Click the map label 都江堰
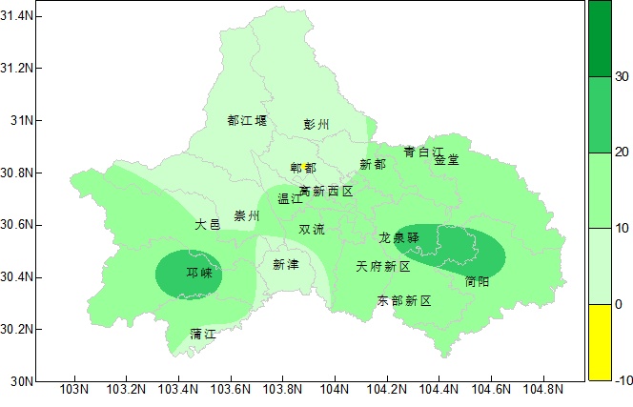pos(248,121)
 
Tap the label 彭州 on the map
pos(316,125)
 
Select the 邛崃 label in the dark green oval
pos(199,274)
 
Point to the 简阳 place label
pos(478,282)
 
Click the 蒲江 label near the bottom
pos(203,335)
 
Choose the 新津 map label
pos(285,264)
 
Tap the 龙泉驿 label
pos(399,237)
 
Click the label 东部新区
pos(404,301)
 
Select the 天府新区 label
pos(383,267)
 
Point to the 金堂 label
pos(446,160)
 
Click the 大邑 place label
pos(208,225)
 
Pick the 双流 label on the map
pos(312,230)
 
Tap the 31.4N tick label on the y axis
pos(19,16)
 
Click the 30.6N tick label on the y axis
pos(19,225)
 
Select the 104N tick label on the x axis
pos(335,391)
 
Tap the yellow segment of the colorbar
pos(599,342)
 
